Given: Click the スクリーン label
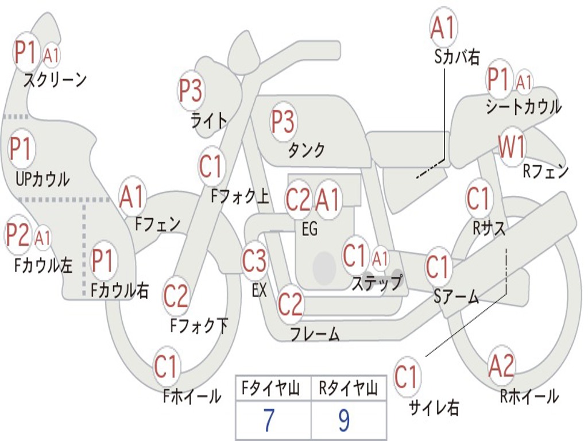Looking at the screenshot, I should (55, 79).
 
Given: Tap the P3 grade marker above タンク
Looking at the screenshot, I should (283, 122).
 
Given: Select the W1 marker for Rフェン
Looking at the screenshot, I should (512, 148).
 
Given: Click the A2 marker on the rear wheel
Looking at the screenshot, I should (501, 366).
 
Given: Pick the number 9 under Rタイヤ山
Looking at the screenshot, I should (344, 421).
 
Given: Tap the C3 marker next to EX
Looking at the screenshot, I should (254, 261).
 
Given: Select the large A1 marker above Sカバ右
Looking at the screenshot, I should (443, 28).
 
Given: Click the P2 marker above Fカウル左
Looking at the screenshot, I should (18, 235).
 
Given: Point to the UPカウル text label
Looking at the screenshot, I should (42, 179).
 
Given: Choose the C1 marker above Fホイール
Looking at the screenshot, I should (166, 367).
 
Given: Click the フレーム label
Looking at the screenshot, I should (315, 334).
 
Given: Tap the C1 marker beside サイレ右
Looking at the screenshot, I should (407, 377).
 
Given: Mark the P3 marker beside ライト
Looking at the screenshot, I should (191, 90).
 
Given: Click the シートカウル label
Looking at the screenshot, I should (523, 107).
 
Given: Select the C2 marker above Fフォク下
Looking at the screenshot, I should (176, 296).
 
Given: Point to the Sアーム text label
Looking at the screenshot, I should (456, 297).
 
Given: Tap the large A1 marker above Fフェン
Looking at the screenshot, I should (133, 197).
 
